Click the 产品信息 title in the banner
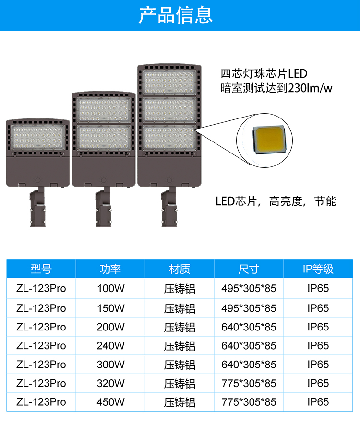click(175, 15)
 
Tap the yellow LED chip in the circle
click(269, 140)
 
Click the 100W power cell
click(111, 288)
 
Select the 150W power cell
click(111, 308)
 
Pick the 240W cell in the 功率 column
click(111, 346)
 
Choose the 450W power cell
click(111, 402)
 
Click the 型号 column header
click(41, 269)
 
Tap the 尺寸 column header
click(249, 269)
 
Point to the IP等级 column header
click(318, 269)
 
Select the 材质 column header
click(180, 269)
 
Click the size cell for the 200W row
click(249, 327)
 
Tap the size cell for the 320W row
click(249, 383)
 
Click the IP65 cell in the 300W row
click(318, 365)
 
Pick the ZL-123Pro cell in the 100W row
click(41, 288)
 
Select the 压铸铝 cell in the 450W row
click(180, 402)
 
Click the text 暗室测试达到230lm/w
click(276, 88)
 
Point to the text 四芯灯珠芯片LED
click(264, 73)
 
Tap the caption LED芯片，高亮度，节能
click(276, 201)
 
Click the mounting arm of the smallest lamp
click(37, 207)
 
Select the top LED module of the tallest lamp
click(169, 82)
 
